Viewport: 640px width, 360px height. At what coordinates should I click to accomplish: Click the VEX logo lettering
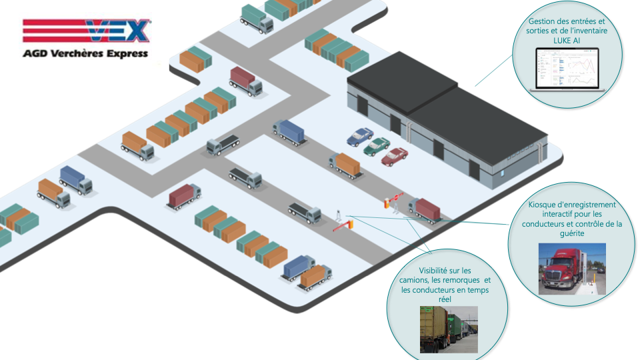[119, 31]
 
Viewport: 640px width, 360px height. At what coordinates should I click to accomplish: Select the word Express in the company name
[127, 54]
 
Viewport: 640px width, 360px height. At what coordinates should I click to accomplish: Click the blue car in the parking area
[359, 136]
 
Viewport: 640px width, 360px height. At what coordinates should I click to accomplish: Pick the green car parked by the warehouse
[376, 146]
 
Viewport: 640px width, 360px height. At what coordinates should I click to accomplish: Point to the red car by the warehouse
[394, 156]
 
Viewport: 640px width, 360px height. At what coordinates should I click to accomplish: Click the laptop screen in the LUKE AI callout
[567, 68]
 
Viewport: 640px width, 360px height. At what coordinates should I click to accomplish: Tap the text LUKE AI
[567, 41]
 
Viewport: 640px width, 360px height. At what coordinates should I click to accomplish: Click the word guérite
[572, 233]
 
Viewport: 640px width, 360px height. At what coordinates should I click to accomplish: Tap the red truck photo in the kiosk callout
[572, 269]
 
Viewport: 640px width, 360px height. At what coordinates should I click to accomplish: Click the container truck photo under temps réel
[449, 329]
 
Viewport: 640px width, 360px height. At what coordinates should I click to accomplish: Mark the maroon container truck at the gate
[425, 211]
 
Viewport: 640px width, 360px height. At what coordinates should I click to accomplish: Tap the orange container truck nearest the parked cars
[345, 165]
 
